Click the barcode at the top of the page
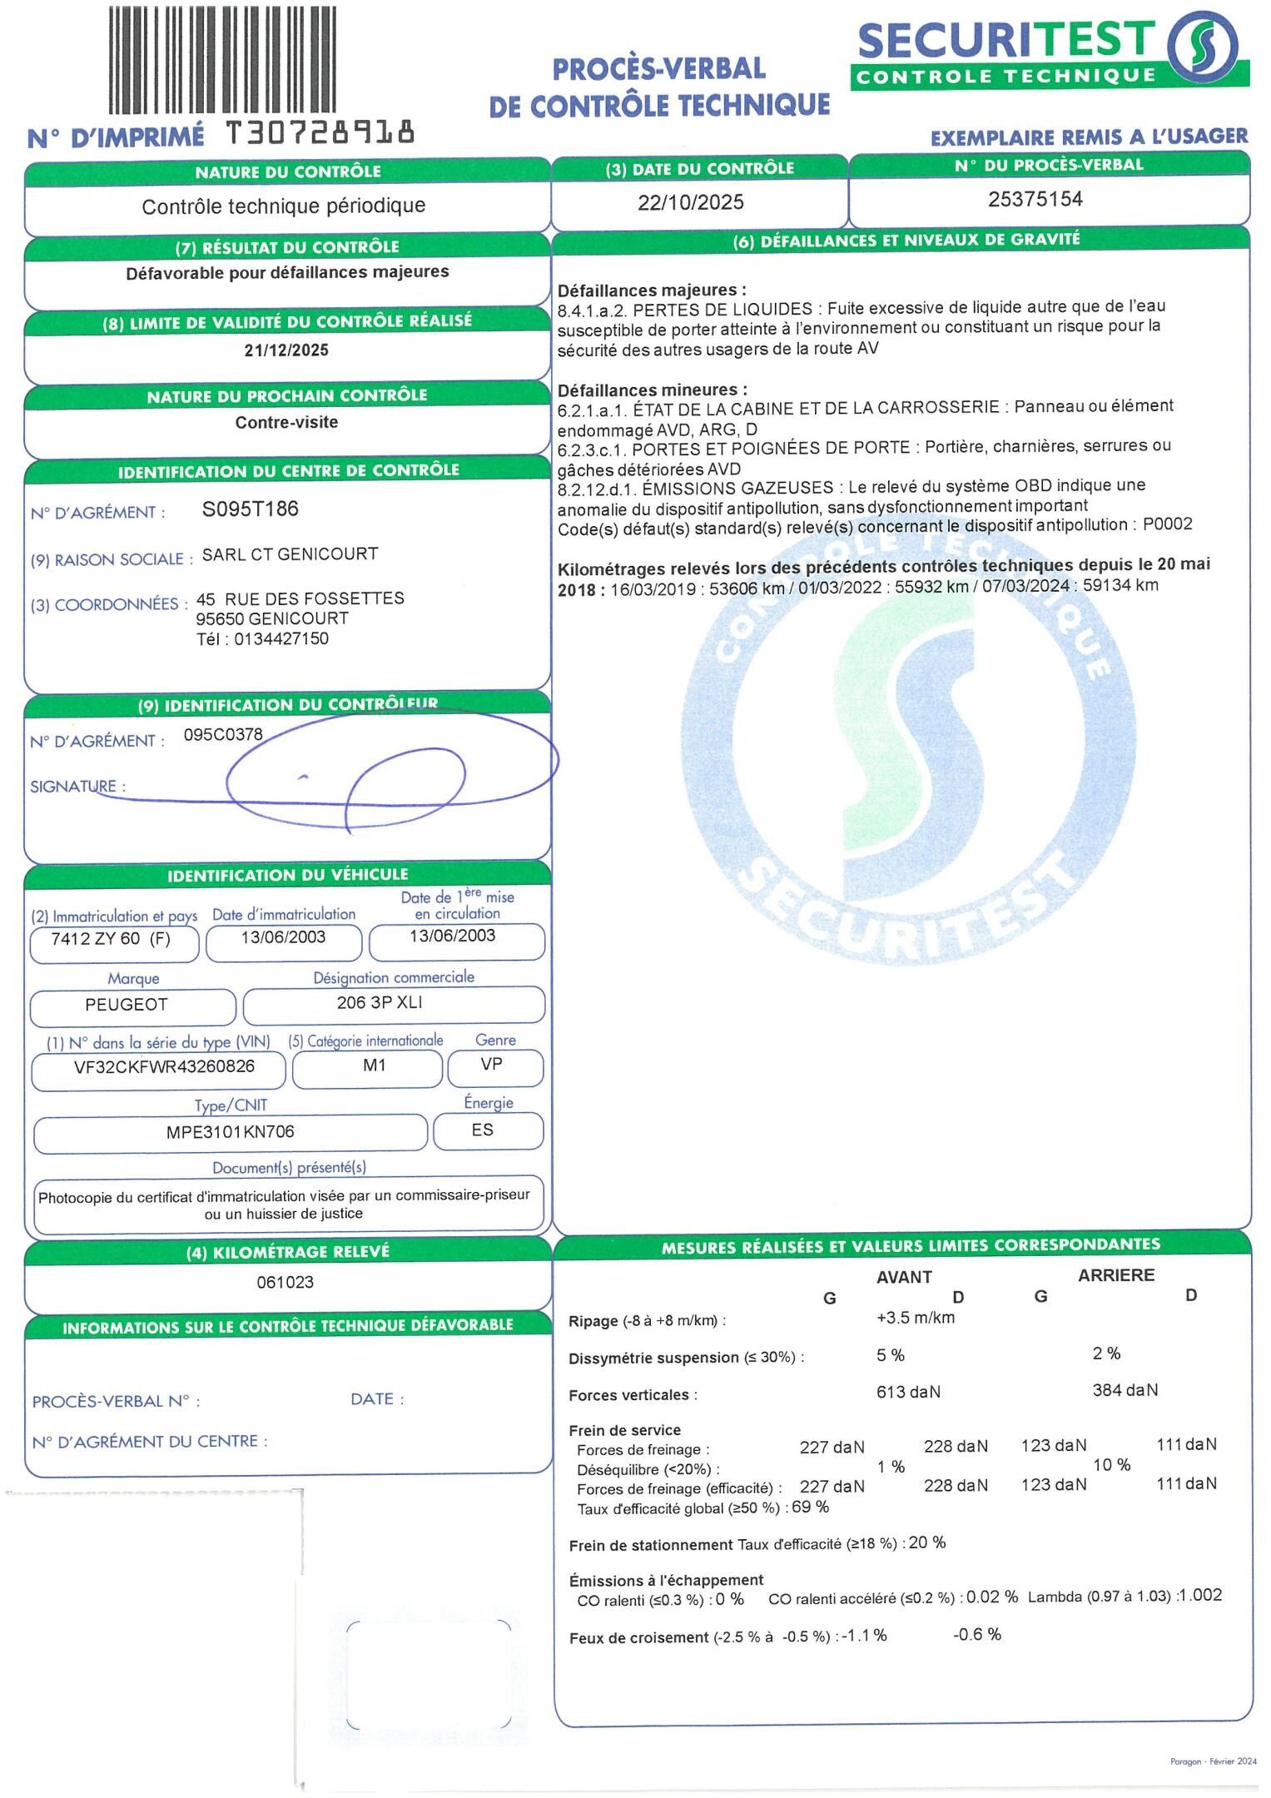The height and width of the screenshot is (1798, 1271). pos(222,60)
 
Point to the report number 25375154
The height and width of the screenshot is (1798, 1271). pos(1035,200)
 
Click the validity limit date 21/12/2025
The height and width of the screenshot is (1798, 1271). pos(286,350)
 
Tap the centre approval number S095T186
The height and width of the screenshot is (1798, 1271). pos(250,509)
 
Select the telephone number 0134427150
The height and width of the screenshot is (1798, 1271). pos(281,639)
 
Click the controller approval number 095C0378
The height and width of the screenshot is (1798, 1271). pos(223,735)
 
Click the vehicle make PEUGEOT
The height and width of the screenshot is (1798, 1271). pos(127,1005)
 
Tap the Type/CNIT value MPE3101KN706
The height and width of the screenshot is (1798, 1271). pos(231,1132)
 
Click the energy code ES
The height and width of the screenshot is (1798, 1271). pos(482,1130)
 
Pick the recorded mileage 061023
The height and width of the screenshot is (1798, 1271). pos(285,1282)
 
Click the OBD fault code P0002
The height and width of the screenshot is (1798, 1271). pos(1167,524)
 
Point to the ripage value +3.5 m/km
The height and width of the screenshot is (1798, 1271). pos(916,1318)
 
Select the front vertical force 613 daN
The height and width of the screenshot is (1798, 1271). pos(908,1392)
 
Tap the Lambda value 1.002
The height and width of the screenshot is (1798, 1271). pos(1201,1596)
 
